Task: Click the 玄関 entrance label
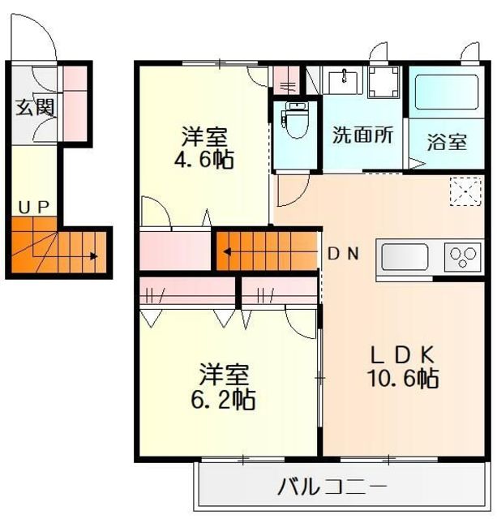(x=35, y=107)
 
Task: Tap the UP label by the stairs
(x=34, y=208)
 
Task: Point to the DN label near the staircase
(x=343, y=254)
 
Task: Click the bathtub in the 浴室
(x=447, y=92)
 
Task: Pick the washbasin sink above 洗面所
(x=344, y=81)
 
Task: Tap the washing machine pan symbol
(x=383, y=82)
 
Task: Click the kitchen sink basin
(x=405, y=257)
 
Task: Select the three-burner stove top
(x=463, y=256)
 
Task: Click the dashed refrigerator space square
(x=465, y=191)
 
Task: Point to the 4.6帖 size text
(x=204, y=159)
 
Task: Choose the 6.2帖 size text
(x=223, y=399)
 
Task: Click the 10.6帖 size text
(x=404, y=378)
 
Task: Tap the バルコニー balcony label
(x=332, y=487)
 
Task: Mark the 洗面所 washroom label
(x=363, y=135)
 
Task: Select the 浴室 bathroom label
(x=447, y=142)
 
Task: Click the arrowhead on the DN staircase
(x=227, y=252)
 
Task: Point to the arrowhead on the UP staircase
(x=94, y=256)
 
